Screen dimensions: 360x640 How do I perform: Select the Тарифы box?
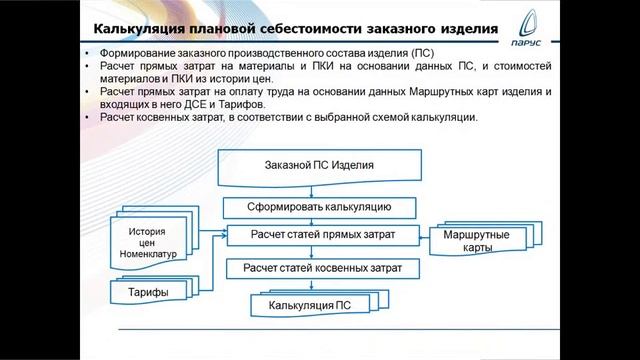pyautogui.click(x=148, y=292)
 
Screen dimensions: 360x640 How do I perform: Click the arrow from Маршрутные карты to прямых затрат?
pyautogui.click(x=421, y=235)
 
